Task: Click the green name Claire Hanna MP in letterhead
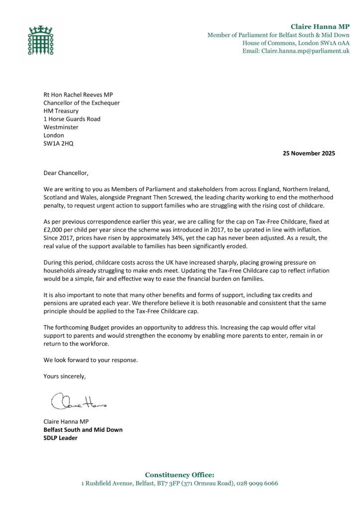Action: point(320,26)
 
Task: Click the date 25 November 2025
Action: point(306,153)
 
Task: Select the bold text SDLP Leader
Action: point(60,438)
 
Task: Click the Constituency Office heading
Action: point(179,475)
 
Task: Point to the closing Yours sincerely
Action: point(65,376)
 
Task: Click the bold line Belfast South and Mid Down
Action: point(83,430)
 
